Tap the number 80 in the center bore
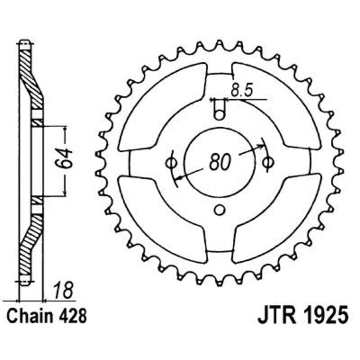220,162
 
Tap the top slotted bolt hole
219,110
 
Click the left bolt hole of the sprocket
171,162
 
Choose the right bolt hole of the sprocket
269,162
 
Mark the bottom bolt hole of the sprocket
220,210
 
